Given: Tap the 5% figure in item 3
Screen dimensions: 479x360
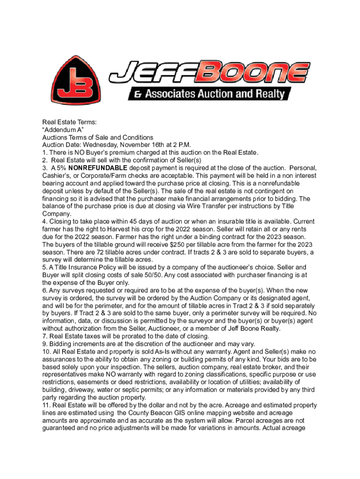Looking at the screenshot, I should pyautogui.click(x=57, y=167).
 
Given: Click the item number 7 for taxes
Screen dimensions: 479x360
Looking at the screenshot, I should pyautogui.click(x=44, y=336).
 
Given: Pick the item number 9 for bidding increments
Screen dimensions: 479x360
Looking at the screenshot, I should pyautogui.click(x=44, y=343).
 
